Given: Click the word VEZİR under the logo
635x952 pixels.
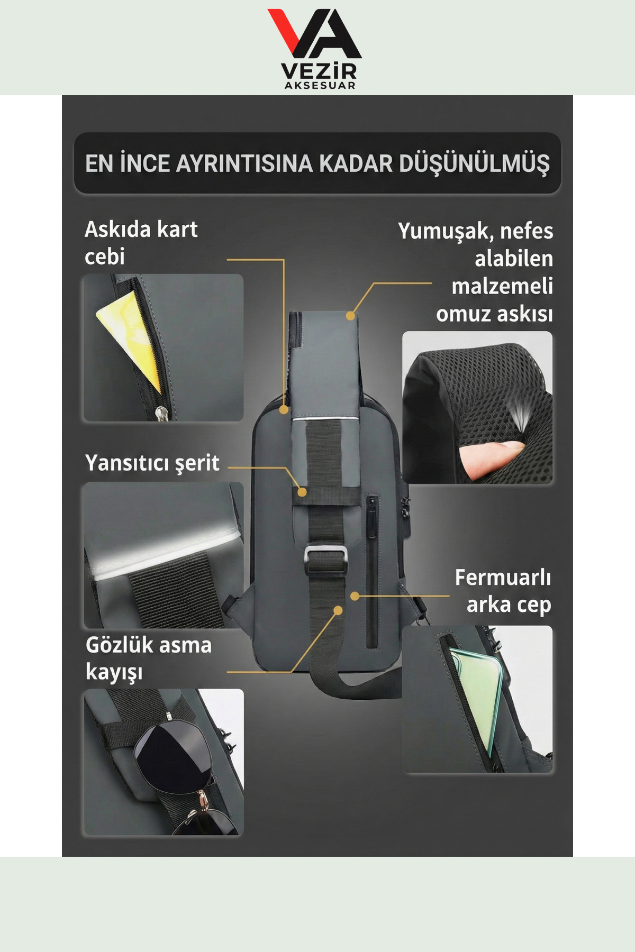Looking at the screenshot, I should click(319, 71).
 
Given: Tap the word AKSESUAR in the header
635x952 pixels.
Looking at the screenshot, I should click(320, 86).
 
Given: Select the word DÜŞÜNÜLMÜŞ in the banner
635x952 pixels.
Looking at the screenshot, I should click(474, 163).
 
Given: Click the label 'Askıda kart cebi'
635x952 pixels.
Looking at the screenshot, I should click(141, 243).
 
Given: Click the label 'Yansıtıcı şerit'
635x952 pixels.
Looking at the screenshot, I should click(152, 463).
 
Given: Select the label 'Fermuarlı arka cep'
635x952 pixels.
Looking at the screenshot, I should click(503, 591).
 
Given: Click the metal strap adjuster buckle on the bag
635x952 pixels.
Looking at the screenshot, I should click(326, 559).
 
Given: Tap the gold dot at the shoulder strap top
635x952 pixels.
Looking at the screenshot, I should click(350, 316).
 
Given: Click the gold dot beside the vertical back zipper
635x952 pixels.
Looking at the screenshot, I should click(355, 596).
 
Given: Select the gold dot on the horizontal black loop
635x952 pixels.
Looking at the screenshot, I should click(302, 492).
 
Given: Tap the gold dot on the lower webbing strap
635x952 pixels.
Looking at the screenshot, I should click(338, 610).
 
